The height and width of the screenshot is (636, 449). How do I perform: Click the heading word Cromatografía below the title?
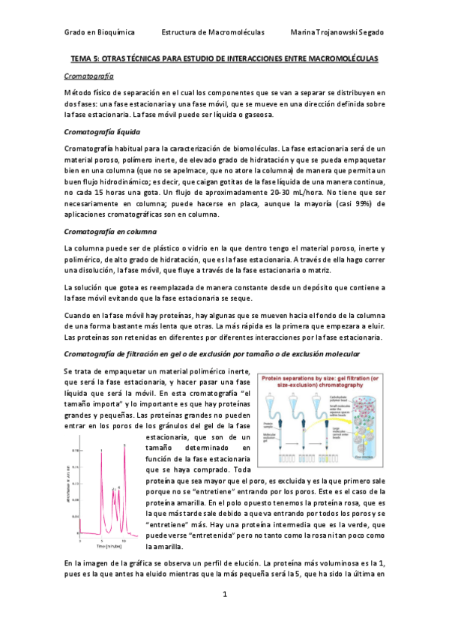[89, 76]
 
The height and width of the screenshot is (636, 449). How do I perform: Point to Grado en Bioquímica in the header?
[96, 33]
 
